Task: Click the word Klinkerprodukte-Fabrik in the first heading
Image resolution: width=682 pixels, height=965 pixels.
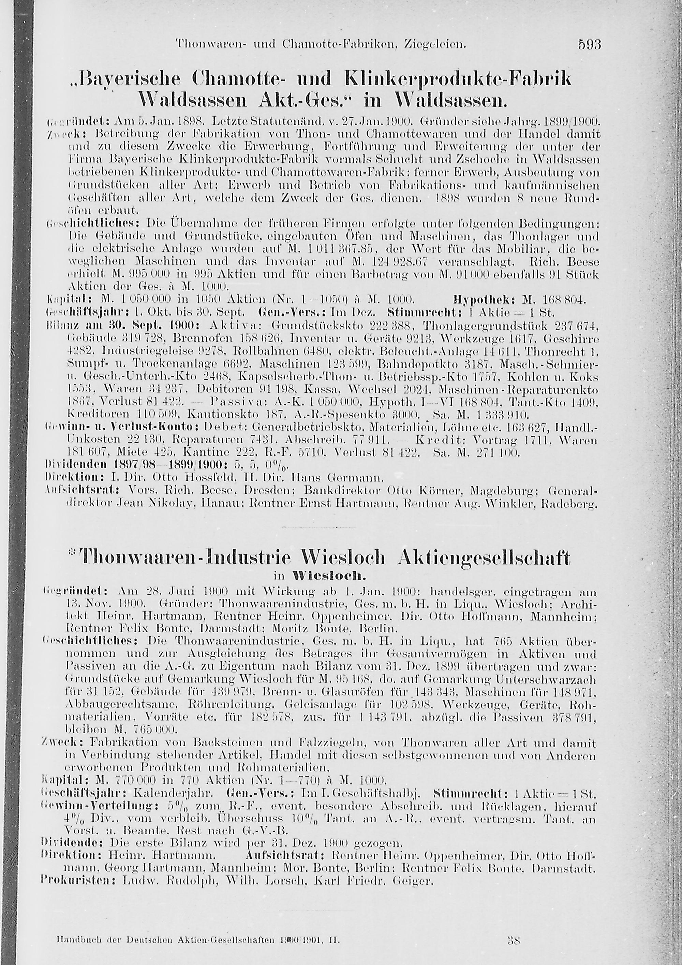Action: (x=457, y=78)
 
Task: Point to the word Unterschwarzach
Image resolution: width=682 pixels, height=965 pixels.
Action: (x=546, y=679)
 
